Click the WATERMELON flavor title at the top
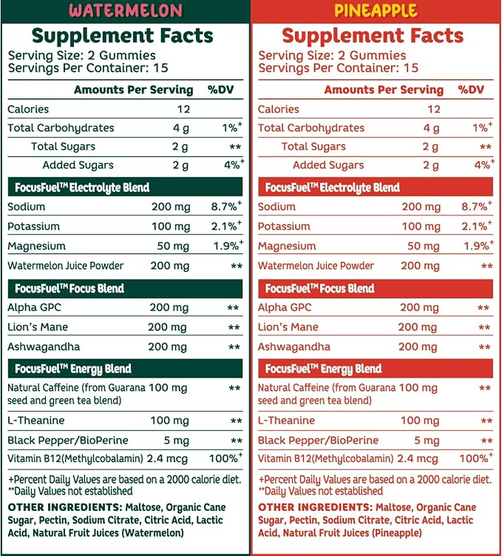point(126,10)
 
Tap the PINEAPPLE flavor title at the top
point(376,10)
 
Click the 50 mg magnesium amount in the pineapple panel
point(424,246)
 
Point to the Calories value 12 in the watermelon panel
point(184,109)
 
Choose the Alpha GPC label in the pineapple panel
point(285,307)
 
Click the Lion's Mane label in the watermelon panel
point(38,326)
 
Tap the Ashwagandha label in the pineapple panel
point(294,346)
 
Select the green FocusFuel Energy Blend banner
point(126,369)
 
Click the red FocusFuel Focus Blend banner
point(376,288)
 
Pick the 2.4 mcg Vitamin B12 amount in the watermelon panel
point(167,458)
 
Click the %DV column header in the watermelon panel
point(220,90)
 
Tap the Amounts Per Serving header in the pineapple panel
point(384,90)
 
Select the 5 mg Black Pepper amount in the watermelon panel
point(176,441)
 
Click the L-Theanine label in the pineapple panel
point(286,421)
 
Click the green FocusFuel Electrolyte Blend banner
point(126,187)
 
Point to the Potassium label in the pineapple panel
point(284,227)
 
